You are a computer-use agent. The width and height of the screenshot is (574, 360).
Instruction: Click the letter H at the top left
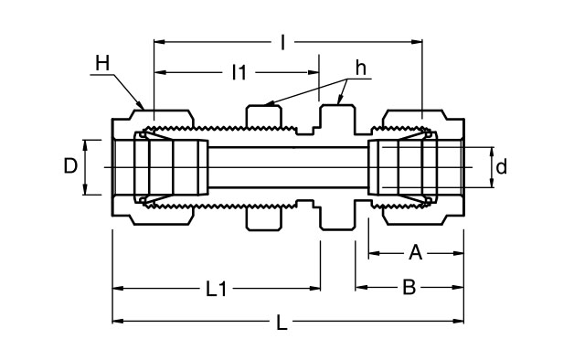pos(101,62)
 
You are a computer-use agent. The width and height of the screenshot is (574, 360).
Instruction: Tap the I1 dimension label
pos(239,72)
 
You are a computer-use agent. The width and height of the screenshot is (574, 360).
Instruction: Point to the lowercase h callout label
pos(361,69)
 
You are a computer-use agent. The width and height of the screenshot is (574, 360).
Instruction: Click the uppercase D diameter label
pos(70,166)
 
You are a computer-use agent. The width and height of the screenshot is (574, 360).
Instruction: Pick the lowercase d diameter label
pos(501,167)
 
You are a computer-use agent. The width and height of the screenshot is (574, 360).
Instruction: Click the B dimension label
pos(409,288)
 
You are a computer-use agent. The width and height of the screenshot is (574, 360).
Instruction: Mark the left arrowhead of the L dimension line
pos(116,321)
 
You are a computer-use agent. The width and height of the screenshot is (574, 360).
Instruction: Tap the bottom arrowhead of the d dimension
pos(492,185)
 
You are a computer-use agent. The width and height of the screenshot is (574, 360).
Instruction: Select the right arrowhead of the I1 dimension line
pos(315,72)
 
